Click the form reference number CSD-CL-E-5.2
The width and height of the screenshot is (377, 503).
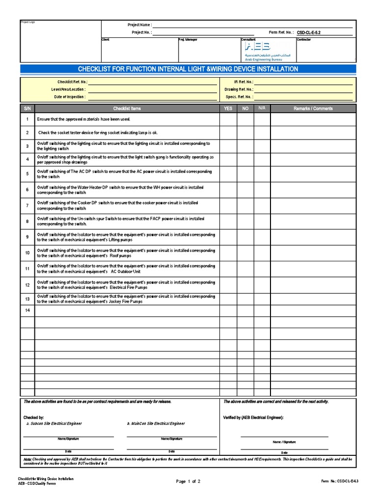pyautogui.click(x=312, y=32)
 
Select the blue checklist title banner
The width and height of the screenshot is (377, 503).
pyautogui.click(x=188, y=69)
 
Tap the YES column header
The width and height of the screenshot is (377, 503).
pyautogui.click(x=228, y=109)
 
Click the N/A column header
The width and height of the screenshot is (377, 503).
pyautogui.click(x=262, y=108)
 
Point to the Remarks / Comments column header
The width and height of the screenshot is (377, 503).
pyautogui.click(x=313, y=109)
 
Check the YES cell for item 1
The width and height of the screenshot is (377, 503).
pyautogui.click(x=228, y=119)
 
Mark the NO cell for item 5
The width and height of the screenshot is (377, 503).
pyautogui.click(x=245, y=174)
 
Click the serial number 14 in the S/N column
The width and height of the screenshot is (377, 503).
pyautogui.click(x=27, y=310)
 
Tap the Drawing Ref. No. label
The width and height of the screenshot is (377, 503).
pyautogui.click(x=239, y=89)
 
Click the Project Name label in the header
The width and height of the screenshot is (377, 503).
pyautogui.click(x=139, y=25)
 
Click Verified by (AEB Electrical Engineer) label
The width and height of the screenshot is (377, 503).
pyautogui.click(x=253, y=417)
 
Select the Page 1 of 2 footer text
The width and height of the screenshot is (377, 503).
pyautogui.click(x=188, y=481)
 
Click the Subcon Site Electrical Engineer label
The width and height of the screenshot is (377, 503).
pyautogui.click(x=54, y=423)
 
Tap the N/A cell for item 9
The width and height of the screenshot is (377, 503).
pyautogui.click(x=262, y=238)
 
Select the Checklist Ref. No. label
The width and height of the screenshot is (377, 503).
pyautogui.click(x=72, y=82)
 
